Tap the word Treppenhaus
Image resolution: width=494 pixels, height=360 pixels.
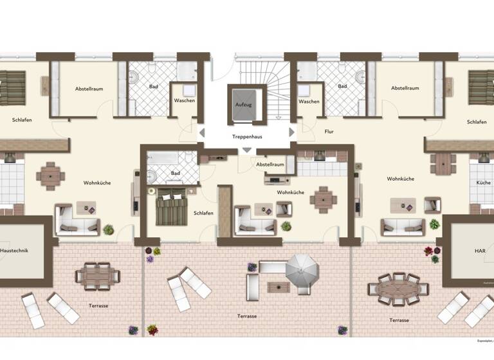(247, 137)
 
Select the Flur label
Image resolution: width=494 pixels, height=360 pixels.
(329, 131)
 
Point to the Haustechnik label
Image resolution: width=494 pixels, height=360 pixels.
(15, 249)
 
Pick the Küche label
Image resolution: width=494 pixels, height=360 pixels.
(483, 183)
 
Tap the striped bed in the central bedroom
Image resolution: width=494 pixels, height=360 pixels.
(171, 207)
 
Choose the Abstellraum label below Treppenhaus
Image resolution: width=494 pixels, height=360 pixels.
(270, 165)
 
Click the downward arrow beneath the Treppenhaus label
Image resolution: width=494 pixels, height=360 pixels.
(247, 150)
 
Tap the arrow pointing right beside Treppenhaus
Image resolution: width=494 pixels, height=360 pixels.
(292, 132)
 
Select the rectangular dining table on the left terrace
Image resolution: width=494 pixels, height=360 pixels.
(97, 276)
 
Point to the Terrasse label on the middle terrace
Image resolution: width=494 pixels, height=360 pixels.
(247, 316)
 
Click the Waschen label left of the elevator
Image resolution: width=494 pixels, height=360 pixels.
(185, 101)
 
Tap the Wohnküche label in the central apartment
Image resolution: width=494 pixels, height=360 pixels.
(290, 192)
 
